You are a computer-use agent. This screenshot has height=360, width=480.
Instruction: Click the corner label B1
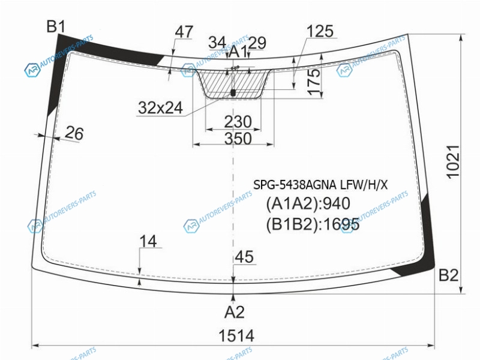click(56, 26)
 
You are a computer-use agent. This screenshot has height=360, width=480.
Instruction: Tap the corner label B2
click(448, 275)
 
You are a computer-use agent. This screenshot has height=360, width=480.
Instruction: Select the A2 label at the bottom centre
click(234, 312)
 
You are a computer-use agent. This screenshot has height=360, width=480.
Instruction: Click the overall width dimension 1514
click(236, 335)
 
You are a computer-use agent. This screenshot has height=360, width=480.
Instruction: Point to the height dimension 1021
click(453, 161)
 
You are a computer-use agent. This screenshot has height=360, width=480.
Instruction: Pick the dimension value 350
click(238, 139)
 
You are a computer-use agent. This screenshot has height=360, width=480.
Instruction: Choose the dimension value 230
click(238, 122)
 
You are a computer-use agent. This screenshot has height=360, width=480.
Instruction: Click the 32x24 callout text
click(160, 108)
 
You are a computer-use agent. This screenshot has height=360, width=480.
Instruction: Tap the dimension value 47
click(184, 32)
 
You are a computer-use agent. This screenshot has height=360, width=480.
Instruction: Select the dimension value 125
click(320, 31)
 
